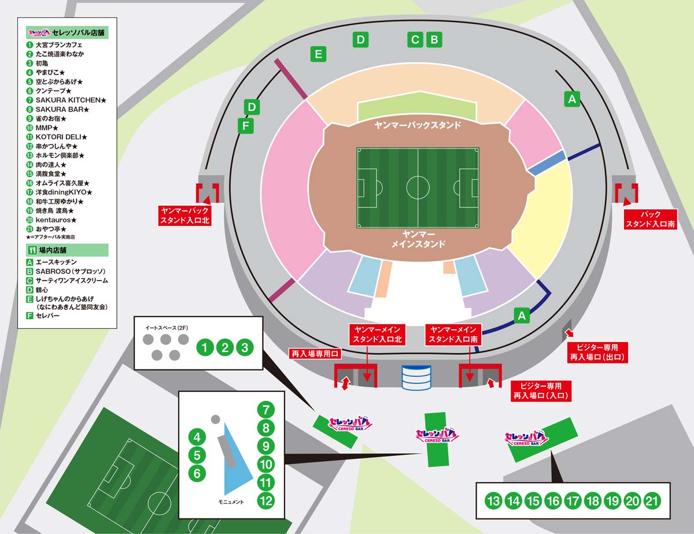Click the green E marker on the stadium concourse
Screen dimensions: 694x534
(x=319, y=54)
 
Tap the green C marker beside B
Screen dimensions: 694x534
(x=415, y=40)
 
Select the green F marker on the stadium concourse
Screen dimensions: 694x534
(x=246, y=125)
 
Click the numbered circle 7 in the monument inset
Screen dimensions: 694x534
(x=265, y=410)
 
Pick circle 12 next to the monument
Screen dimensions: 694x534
(x=265, y=501)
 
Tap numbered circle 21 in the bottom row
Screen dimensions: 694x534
(x=652, y=501)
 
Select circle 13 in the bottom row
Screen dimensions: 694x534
(x=493, y=501)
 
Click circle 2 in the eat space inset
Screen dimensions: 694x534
(x=225, y=347)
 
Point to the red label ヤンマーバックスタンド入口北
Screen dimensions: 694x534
(x=184, y=216)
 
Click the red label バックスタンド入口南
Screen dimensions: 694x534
(x=651, y=219)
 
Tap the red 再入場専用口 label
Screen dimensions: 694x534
(x=315, y=354)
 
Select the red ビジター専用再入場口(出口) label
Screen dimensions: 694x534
(x=597, y=352)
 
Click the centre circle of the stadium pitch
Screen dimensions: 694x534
(x=418, y=188)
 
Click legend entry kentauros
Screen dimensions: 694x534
(x=51, y=220)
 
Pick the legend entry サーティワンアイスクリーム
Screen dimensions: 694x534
(x=68, y=281)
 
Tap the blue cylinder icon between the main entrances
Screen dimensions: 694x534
(x=416, y=378)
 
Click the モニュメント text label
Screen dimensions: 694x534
(x=231, y=502)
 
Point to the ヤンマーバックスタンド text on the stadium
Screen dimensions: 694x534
(x=418, y=125)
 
